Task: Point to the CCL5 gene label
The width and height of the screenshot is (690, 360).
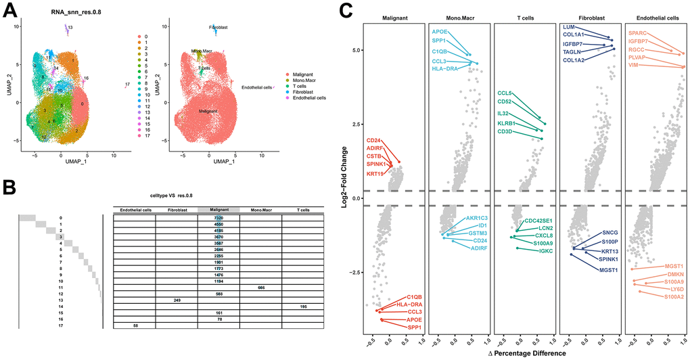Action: tap(505, 93)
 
